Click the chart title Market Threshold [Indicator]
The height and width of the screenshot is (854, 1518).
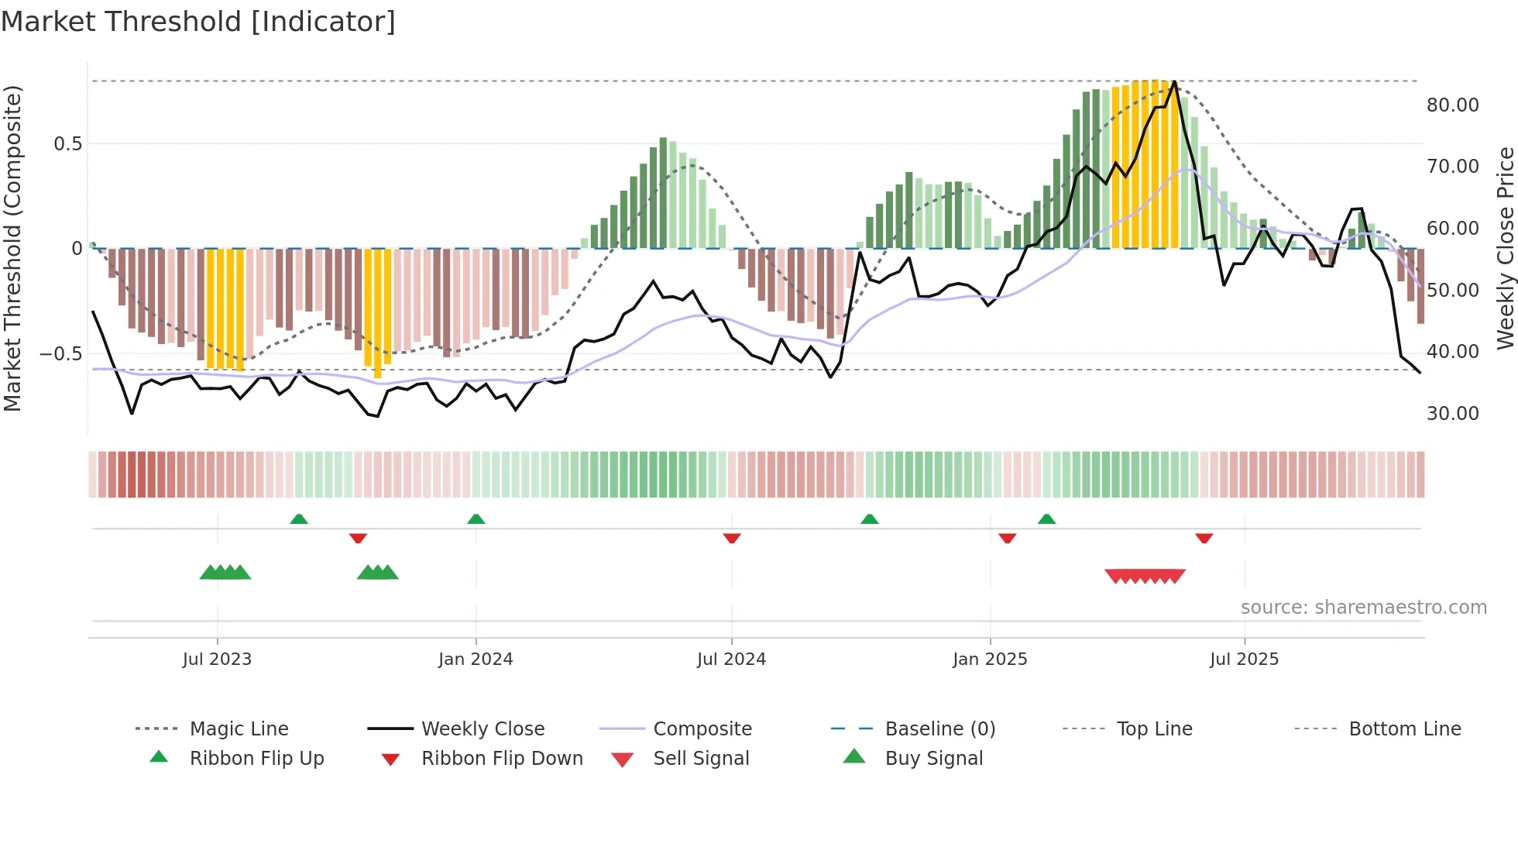coord(198,22)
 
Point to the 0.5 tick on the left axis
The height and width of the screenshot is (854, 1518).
coord(67,144)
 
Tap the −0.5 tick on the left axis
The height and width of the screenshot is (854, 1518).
coord(60,354)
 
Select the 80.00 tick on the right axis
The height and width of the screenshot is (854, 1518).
coord(1452,105)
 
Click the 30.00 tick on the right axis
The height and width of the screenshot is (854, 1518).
coord(1452,414)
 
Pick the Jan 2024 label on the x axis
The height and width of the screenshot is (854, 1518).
coord(476,659)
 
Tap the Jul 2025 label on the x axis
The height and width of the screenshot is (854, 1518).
coord(1244,659)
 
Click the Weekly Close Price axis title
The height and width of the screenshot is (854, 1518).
coord(1505,248)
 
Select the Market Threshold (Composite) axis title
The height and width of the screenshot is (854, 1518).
coord(12,248)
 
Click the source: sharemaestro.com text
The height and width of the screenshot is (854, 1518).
coord(1363,608)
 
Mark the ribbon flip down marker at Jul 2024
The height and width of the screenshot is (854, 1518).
coord(732,538)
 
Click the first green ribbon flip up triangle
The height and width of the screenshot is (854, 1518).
coord(299,519)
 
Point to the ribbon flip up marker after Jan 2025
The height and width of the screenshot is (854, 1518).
coord(1046,519)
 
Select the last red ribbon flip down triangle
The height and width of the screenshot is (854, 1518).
coord(1204,538)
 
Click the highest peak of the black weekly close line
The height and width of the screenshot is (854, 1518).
coord(1175,82)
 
